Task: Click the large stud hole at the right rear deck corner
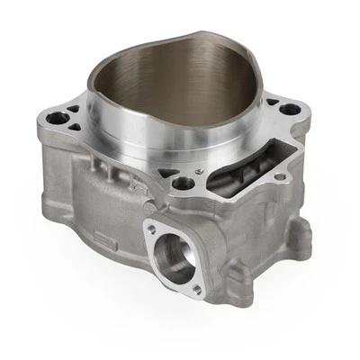289,111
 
